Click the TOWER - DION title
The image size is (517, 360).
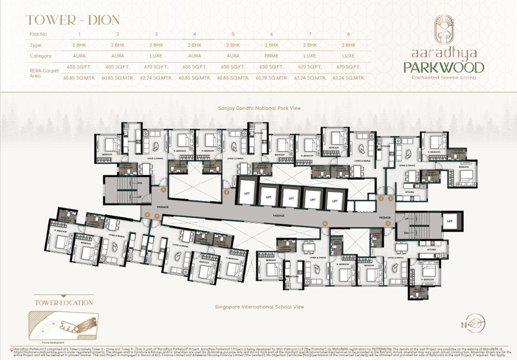(73, 20)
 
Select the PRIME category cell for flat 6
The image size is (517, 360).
(271, 56)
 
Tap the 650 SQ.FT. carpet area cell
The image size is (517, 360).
(271, 67)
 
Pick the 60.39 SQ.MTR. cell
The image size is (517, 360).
(271, 78)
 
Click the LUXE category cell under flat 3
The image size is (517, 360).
(156, 56)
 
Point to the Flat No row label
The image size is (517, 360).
(38, 34)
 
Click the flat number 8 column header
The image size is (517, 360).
(348, 34)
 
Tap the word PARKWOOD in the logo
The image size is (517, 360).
(444, 67)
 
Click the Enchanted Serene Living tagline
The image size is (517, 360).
(444, 78)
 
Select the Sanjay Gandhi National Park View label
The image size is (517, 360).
(259, 108)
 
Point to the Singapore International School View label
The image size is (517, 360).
(259, 307)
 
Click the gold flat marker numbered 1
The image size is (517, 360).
(164, 190)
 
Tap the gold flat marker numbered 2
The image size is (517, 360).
(227, 192)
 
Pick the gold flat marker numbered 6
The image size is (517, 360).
(325, 223)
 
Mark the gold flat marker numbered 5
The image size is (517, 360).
(388, 223)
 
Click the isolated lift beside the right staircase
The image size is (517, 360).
(450, 221)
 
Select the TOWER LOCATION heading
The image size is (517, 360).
(64, 303)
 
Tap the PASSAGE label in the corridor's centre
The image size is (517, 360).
(279, 216)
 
